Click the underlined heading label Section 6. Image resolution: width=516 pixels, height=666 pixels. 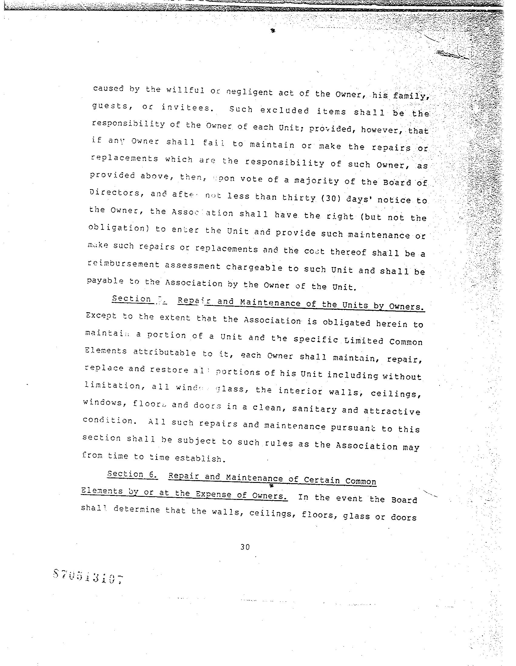132,474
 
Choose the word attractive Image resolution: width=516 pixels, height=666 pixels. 392,411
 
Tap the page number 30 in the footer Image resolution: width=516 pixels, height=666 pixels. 245,547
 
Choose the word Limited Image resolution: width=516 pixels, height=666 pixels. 363,340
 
